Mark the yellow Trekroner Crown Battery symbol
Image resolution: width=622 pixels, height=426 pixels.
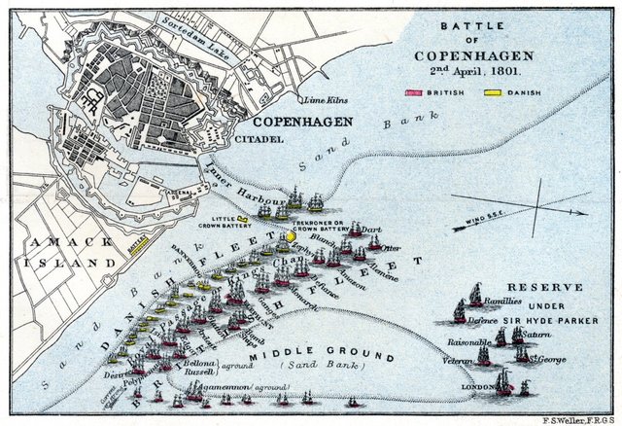(291, 235)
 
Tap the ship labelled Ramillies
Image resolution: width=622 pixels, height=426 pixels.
(475, 294)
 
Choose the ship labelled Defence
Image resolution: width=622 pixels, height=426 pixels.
(460, 311)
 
